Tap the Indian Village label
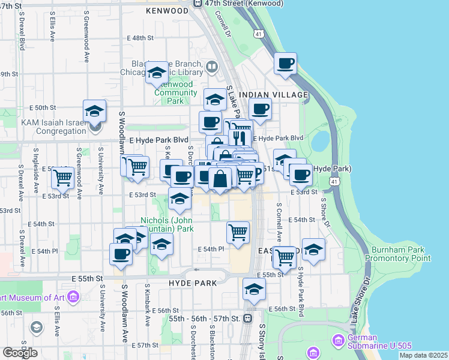(273, 95)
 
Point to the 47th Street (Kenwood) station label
(243, 3)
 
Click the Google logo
(20, 353)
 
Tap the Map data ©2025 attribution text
(423, 355)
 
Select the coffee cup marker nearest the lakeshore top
(286, 64)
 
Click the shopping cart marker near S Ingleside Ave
(62, 178)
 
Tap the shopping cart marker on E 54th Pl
(238, 232)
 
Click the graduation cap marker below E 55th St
(254, 289)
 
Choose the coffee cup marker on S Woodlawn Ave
(121, 254)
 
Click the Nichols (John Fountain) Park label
(167, 224)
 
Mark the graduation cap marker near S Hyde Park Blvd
(313, 250)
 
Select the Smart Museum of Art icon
(73, 296)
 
